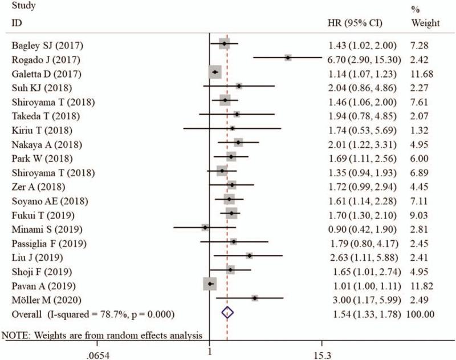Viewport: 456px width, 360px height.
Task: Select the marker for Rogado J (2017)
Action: (288, 58)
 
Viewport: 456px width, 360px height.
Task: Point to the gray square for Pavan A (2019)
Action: (210, 284)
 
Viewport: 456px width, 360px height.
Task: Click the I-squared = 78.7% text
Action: (114, 314)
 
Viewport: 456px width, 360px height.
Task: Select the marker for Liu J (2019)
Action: (249, 256)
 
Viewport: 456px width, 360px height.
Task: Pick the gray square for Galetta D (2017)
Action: (215, 72)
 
